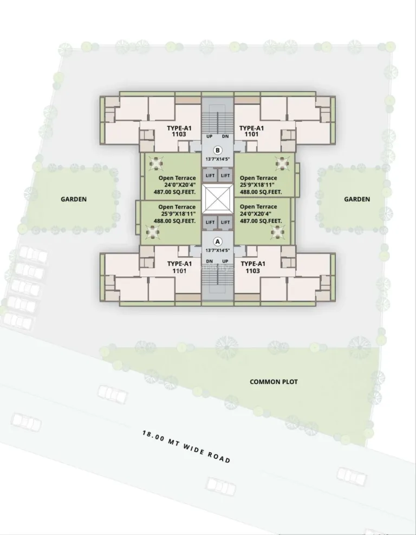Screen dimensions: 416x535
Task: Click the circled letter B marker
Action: click(217, 150)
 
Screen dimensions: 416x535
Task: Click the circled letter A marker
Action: click(217, 242)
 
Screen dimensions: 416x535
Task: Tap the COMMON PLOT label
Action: click(274, 382)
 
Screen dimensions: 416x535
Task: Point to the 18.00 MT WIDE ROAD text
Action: click(186, 447)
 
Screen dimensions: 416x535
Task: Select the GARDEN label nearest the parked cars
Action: click(74, 199)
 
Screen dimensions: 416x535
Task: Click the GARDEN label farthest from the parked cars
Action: click(357, 199)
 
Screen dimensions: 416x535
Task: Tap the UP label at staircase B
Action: click(210, 136)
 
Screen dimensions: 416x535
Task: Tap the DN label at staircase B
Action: click(225, 136)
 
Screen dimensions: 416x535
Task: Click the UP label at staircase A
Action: click(225, 262)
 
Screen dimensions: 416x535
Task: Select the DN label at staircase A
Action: click(210, 262)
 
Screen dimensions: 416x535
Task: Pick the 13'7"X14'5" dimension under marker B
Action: click(217, 159)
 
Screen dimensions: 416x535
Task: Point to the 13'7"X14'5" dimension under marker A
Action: click(217, 250)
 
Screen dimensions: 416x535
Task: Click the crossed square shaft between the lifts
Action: click(217, 199)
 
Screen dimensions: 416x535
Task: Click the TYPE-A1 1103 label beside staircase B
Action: click(179, 131)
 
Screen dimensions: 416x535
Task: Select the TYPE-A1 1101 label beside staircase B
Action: click(251, 131)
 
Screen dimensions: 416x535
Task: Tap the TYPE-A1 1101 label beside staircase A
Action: click(179, 267)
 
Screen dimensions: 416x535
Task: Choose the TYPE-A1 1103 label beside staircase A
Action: click(253, 267)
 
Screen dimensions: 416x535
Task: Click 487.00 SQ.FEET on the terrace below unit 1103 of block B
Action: click(175, 192)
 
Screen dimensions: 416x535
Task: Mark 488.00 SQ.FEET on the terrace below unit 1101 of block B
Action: click(261, 192)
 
